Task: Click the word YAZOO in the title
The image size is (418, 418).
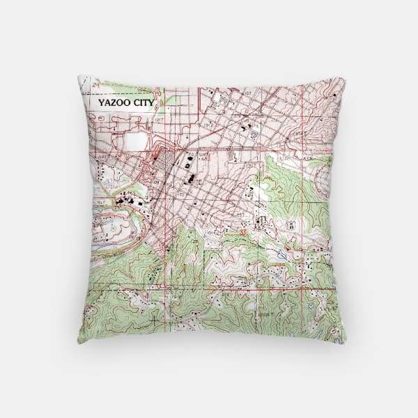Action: tap(112, 102)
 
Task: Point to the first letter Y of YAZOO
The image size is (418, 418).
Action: tap(101, 102)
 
